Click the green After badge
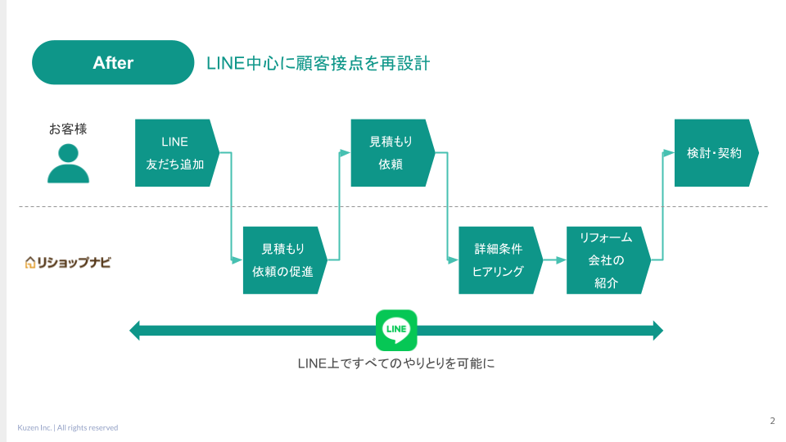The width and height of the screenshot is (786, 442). [113, 63]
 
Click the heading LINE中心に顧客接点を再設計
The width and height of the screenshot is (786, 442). [318, 64]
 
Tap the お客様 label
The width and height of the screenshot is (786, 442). [68, 129]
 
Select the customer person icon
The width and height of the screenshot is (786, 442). [68, 164]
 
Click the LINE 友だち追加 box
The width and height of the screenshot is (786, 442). [177, 153]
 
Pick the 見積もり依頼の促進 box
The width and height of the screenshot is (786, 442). [285, 260]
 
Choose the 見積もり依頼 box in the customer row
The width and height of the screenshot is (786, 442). [392, 153]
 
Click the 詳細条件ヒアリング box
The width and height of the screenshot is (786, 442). [500, 260]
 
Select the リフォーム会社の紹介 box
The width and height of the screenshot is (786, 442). [608, 260]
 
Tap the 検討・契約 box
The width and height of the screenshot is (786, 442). [716, 153]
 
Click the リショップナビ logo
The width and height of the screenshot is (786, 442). [68, 262]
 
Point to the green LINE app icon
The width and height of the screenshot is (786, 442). [396, 330]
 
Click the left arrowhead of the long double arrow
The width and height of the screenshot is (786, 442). [134, 331]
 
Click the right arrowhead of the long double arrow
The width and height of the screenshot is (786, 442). [658, 331]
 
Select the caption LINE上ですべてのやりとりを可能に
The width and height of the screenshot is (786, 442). [396, 363]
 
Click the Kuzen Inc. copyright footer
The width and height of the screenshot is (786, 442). [68, 427]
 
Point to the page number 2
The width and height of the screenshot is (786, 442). [772, 421]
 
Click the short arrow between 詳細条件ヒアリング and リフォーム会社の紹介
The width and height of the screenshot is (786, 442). [554, 260]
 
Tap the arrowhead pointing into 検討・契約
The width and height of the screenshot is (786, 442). [669, 153]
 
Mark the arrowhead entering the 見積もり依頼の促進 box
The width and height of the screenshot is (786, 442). [237, 260]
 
